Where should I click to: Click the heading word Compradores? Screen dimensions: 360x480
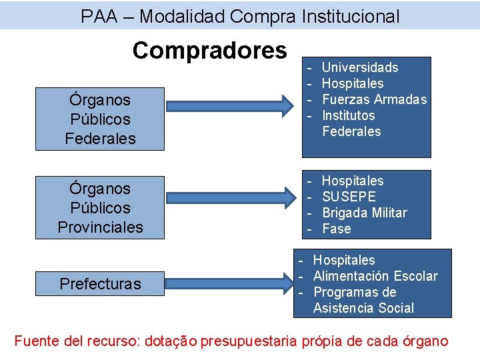click(x=209, y=49)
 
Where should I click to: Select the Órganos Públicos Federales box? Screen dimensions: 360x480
click(x=100, y=119)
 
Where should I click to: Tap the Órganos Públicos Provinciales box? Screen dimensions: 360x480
click(x=100, y=207)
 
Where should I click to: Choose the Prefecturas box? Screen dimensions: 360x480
click(x=100, y=283)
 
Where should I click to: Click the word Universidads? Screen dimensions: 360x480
click(x=360, y=67)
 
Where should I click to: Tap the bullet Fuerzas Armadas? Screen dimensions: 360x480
click(x=374, y=99)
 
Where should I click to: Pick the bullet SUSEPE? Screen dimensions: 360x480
click(x=349, y=197)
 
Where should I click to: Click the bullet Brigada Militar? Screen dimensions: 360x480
click(x=364, y=213)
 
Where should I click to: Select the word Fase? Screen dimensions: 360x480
click(x=336, y=229)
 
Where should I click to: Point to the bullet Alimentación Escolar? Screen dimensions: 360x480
click(x=375, y=276)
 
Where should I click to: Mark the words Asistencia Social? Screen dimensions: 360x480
click(x=363, y=308)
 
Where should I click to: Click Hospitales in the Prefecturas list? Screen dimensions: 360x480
click(x=344, y=260)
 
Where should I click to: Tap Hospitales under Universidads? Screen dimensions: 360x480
click(x=353, y=83)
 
